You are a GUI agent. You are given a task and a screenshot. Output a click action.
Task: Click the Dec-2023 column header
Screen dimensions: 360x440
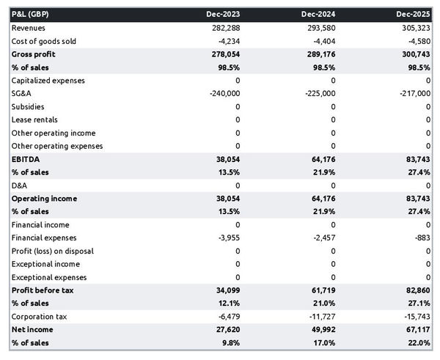pyautogui.click(x=224, y=14)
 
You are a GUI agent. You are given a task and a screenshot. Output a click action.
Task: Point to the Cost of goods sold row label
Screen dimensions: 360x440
pyautogui.click(x=43, y=41)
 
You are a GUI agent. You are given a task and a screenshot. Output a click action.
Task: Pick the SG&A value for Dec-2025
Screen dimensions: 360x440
pyautogui.click(x=414, y=93)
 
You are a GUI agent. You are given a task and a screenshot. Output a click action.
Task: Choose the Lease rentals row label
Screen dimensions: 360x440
pyautogui.click(x=34, y=120)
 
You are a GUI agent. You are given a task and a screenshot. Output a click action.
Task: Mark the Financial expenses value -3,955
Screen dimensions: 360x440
pyautogui.click(x=227, y=238)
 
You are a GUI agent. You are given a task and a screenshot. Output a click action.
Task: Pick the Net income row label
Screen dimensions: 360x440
pyautogui.click(x=32, y=329)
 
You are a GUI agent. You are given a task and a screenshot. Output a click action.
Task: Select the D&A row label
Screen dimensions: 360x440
pyautogui.click(x=20, y=185)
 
